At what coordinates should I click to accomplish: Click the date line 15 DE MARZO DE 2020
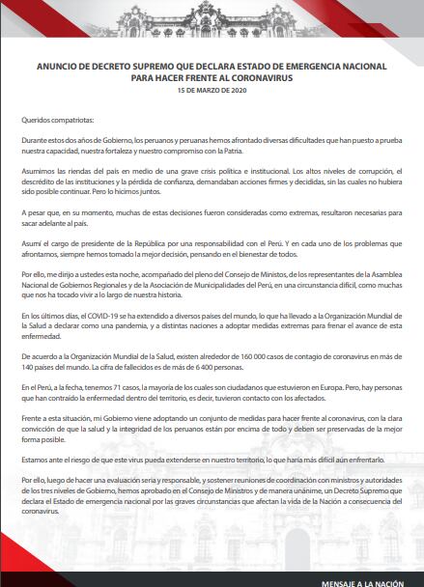212,90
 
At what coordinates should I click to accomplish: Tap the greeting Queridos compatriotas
57,121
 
